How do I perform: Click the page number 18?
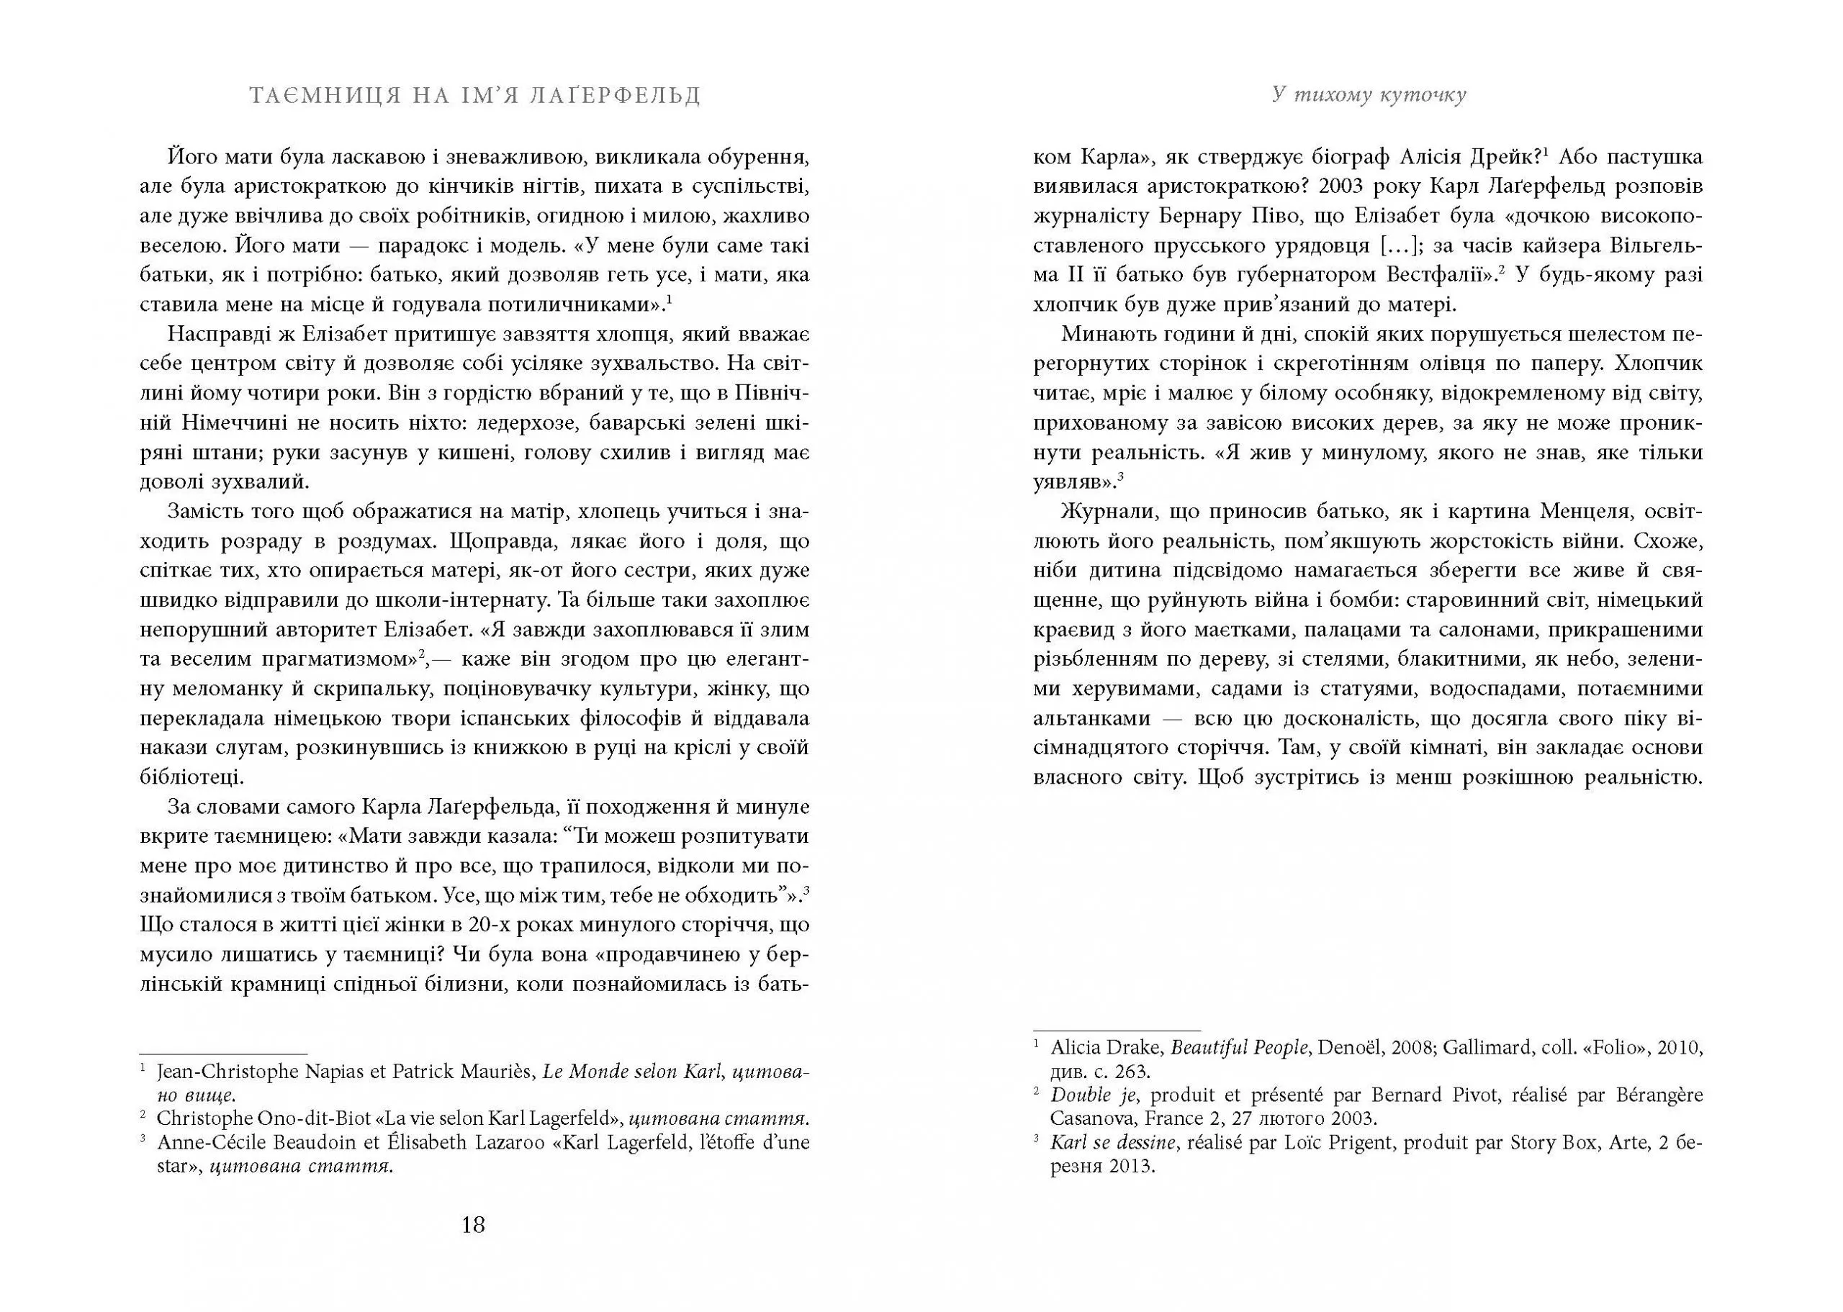(x=473, y=1225)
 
